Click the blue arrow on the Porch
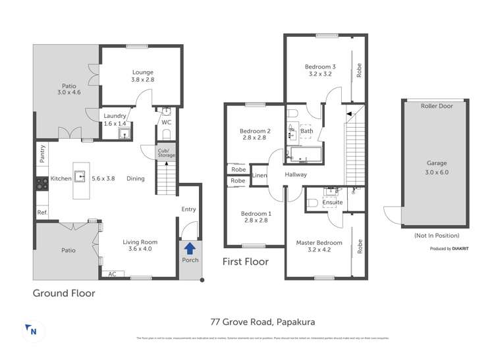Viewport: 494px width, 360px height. click(x=190, y=248)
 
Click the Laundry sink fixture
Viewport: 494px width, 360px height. click(x=124, y=134)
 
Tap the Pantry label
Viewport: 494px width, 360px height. click(x=42, y=154)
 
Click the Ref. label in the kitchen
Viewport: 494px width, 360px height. click(x=42, y=212)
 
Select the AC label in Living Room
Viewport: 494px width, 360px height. click(x=112, y=274)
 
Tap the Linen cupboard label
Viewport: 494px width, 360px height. click(x=260, y=176)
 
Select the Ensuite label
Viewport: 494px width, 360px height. click(x=333, y=202)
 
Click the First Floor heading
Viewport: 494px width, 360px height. click(x=246, y=261)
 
